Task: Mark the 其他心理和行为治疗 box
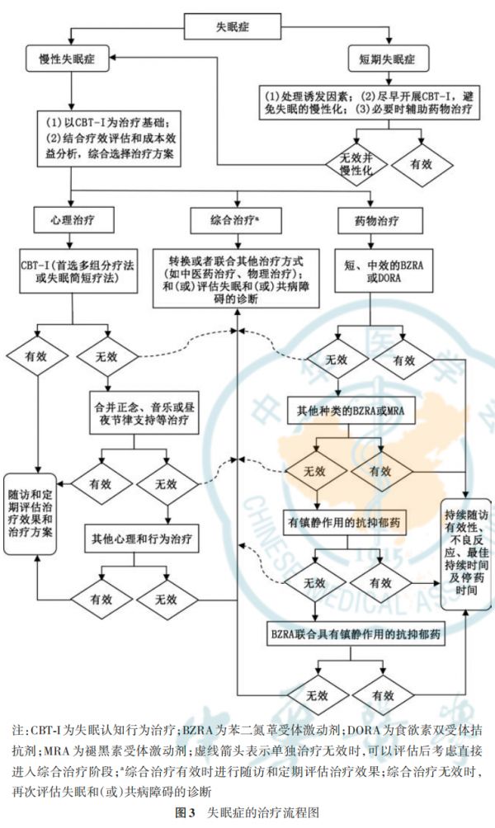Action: (x=141, y=539)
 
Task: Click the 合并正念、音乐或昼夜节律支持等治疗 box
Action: (x=141, y=412)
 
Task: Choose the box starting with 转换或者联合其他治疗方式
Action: (x=237, y=278)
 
